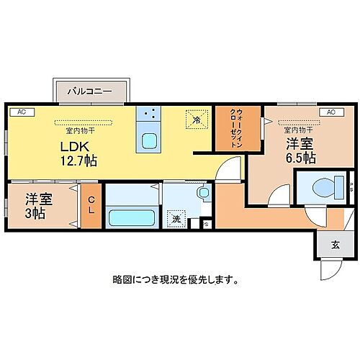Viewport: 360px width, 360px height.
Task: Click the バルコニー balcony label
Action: [90, 92]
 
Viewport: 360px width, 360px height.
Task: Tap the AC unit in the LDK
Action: [21, 112]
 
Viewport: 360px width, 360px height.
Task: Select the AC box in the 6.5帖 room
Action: [330, 112]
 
